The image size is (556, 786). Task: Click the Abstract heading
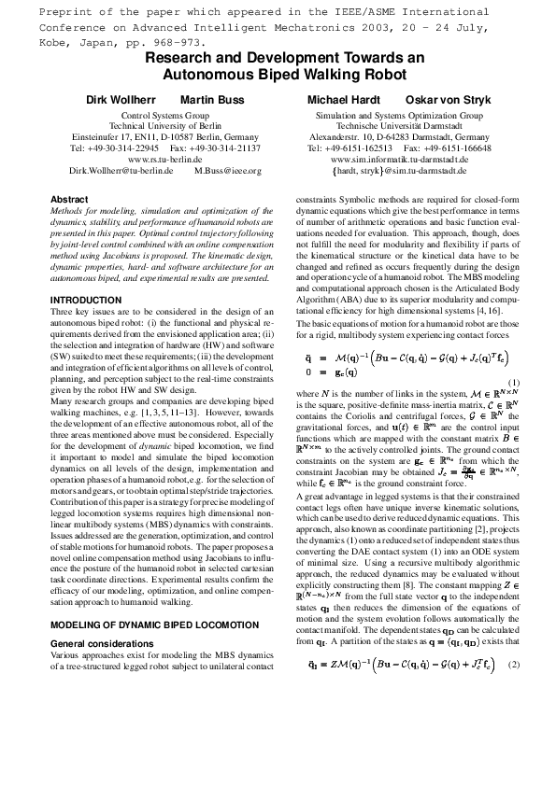pos(69,200)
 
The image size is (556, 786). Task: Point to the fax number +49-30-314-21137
pos(225,147)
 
